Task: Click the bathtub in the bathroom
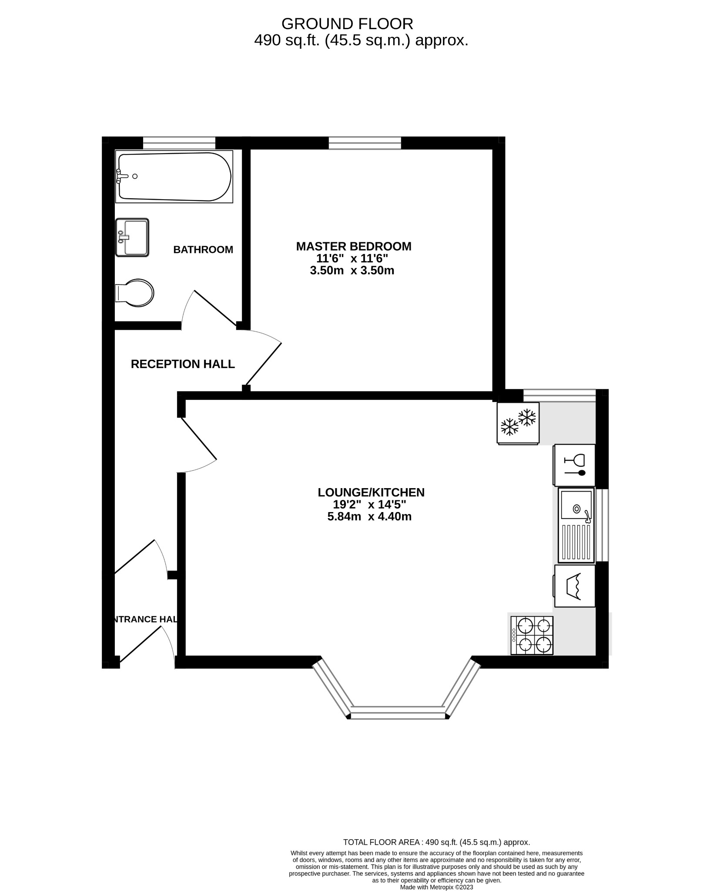[174, 177]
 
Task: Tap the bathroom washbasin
[133, 238]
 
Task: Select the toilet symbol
[135, 292]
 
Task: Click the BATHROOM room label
[203, 250]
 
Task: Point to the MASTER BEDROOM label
[353, 246]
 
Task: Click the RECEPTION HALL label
[183, 364]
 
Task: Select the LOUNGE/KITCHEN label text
[371, 492]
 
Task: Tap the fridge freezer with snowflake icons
[518, 423]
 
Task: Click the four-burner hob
[532, 636]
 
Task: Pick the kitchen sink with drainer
[576, 525]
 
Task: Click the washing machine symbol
[575, 586]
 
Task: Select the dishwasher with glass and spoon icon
[574, 465]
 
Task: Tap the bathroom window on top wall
[179, 143]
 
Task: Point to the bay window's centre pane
[398, 713]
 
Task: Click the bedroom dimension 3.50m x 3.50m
[352, 271]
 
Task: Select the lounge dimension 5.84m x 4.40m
[369, 517]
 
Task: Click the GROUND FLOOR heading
[347, 23]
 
